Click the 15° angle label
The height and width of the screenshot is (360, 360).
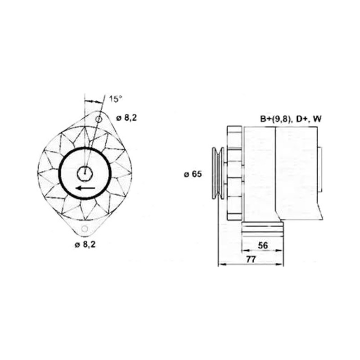click(116, 99)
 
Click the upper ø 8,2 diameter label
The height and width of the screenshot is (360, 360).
click(126, 118)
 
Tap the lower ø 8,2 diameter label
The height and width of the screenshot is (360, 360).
click(85, 245)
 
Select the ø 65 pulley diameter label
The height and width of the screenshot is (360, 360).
click(193, 174)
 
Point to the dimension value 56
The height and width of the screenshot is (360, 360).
click(263, 245)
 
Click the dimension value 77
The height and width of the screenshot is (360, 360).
click(251, 260)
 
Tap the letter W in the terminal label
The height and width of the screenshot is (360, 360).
click(318, 119)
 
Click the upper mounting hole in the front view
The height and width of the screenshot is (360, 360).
click(99, 119)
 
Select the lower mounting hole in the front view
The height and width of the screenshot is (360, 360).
click(85, 229)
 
